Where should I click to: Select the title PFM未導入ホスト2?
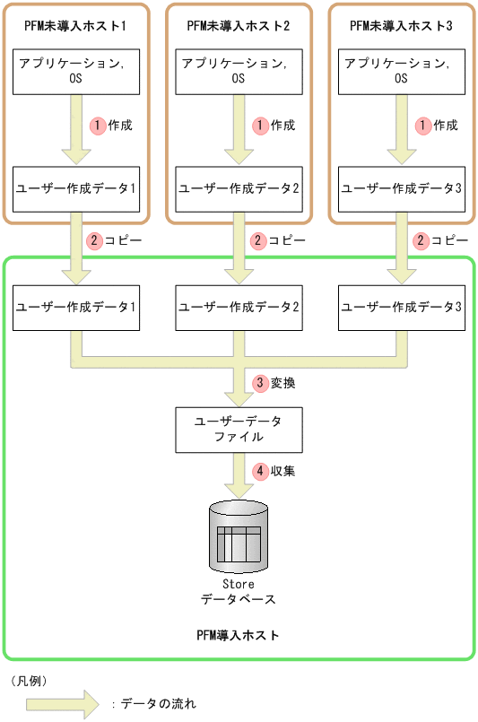point(239,26)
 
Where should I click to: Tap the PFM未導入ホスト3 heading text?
point(401,26)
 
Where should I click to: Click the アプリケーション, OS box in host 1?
point(77,72)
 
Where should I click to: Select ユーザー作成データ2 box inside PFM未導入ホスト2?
point(239,188)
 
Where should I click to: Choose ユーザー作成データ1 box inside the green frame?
point(77,307)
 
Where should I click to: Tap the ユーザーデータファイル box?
point(239,429)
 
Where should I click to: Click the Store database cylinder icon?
point(239,535)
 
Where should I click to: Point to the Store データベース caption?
point(239,592)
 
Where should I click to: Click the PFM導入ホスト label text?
point(239,635)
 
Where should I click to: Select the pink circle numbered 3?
point(261,383)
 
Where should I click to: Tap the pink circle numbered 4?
point(261,470)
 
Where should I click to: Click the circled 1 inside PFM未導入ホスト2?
point(261,126)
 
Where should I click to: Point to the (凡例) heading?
point(31,681)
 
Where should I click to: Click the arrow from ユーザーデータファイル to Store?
point(239,474)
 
